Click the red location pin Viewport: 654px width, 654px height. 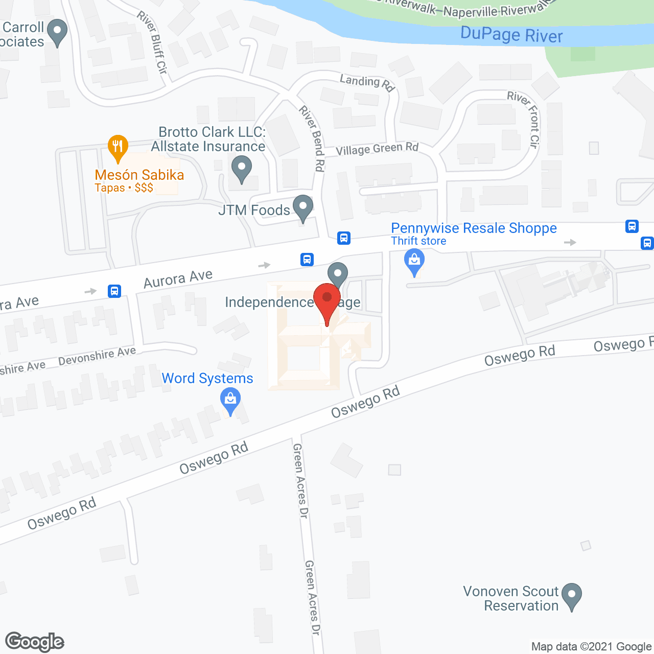327,301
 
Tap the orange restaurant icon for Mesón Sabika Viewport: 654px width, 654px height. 118,147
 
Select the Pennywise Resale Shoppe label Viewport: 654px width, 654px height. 474,228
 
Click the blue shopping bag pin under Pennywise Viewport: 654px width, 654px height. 414,261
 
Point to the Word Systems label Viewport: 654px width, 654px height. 207,379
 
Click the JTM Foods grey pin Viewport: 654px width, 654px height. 303,207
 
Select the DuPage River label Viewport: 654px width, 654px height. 511,35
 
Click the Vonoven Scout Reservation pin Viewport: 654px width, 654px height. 571,595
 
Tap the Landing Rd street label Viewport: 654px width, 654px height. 367,82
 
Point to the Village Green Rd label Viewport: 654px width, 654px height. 377,149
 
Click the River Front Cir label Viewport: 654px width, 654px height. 526,119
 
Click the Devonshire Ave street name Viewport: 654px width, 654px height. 97,356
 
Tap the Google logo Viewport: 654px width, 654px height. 35,642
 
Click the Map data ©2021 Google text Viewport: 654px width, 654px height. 591,647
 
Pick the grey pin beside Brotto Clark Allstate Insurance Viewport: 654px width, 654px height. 242,169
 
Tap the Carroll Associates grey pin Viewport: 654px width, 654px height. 57,32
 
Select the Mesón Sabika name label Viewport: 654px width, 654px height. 139,175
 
